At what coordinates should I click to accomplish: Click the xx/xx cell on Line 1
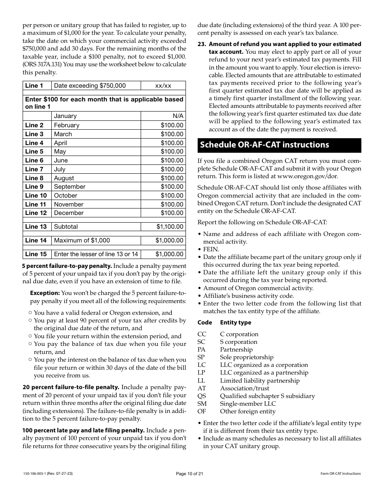click(163, 86)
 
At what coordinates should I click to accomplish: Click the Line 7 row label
click(34, 169)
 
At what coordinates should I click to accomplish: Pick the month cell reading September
click(70, 187)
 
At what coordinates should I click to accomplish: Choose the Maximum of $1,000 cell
click(82, 240)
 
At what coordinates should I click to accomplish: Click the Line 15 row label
click(36, 254)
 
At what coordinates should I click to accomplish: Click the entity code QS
click(202, 396)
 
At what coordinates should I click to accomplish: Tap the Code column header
click(205, 322)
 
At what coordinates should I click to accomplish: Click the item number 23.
click(202, 44)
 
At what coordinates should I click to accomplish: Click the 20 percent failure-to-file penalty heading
click(71, 387)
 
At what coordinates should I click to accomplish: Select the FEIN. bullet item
click(211, 249)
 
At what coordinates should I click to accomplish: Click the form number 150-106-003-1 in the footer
click(34, 474)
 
